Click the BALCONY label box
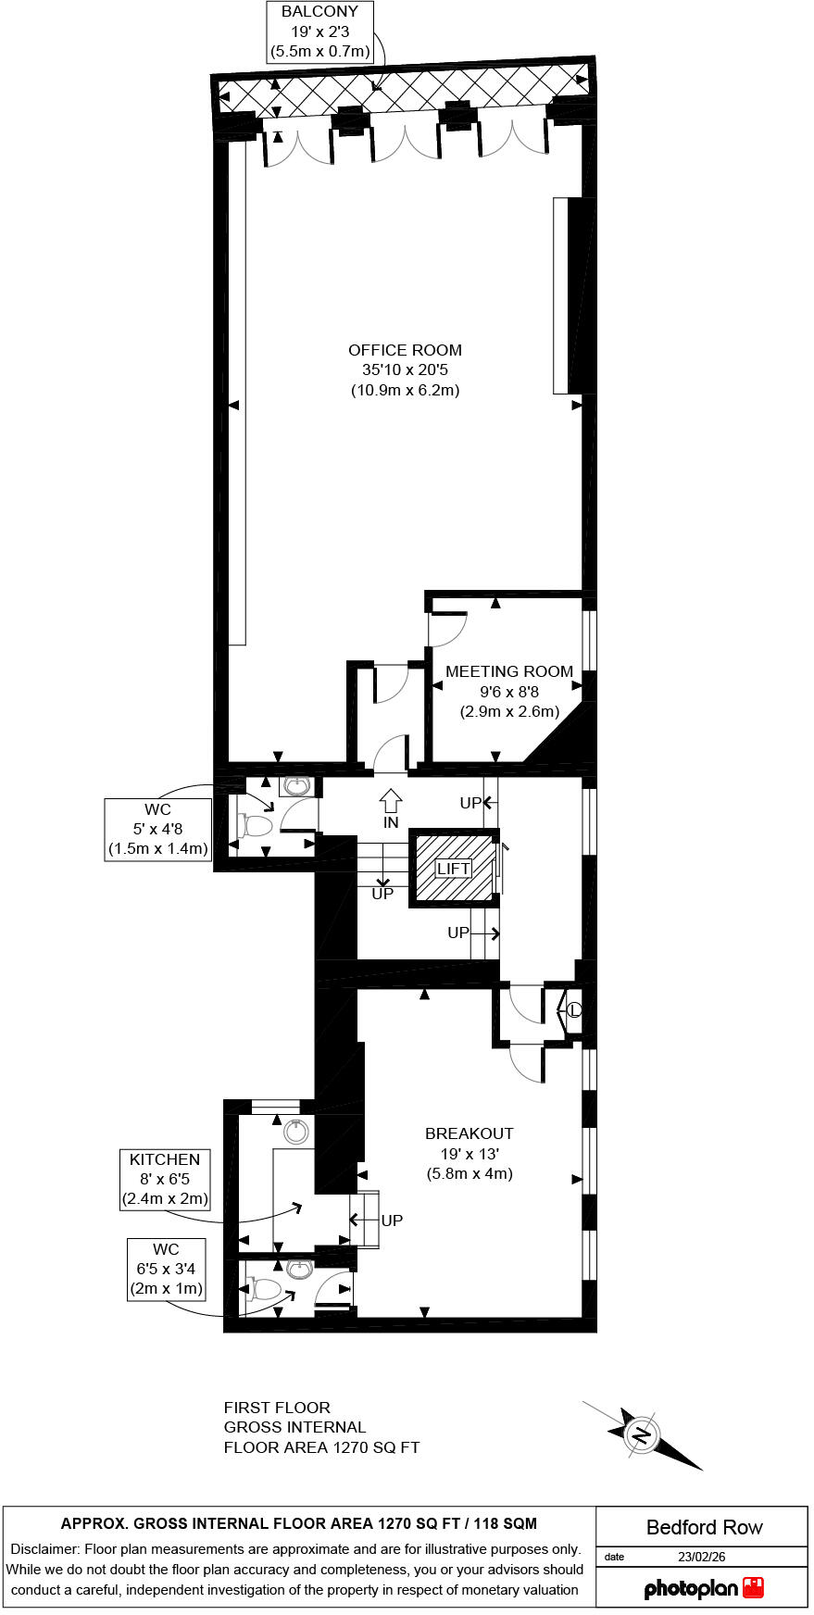coord(319,32)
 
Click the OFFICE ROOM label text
coord(405,350)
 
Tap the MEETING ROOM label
coord(509,671)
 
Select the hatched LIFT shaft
coord(454,869)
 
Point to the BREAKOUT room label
coord(469,1133)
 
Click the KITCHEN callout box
coord(165,1179)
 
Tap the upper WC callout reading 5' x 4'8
coord(157,829)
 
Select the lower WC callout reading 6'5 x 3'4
coord(166,1269)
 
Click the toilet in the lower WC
coord(263,1289)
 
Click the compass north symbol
coord(641,1435)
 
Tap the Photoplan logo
coord(704,1589)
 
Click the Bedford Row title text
coord(704,1528)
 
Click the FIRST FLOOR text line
coord(277,1408)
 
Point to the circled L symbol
coord(573,1010)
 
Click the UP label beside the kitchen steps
coord(392,1221)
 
